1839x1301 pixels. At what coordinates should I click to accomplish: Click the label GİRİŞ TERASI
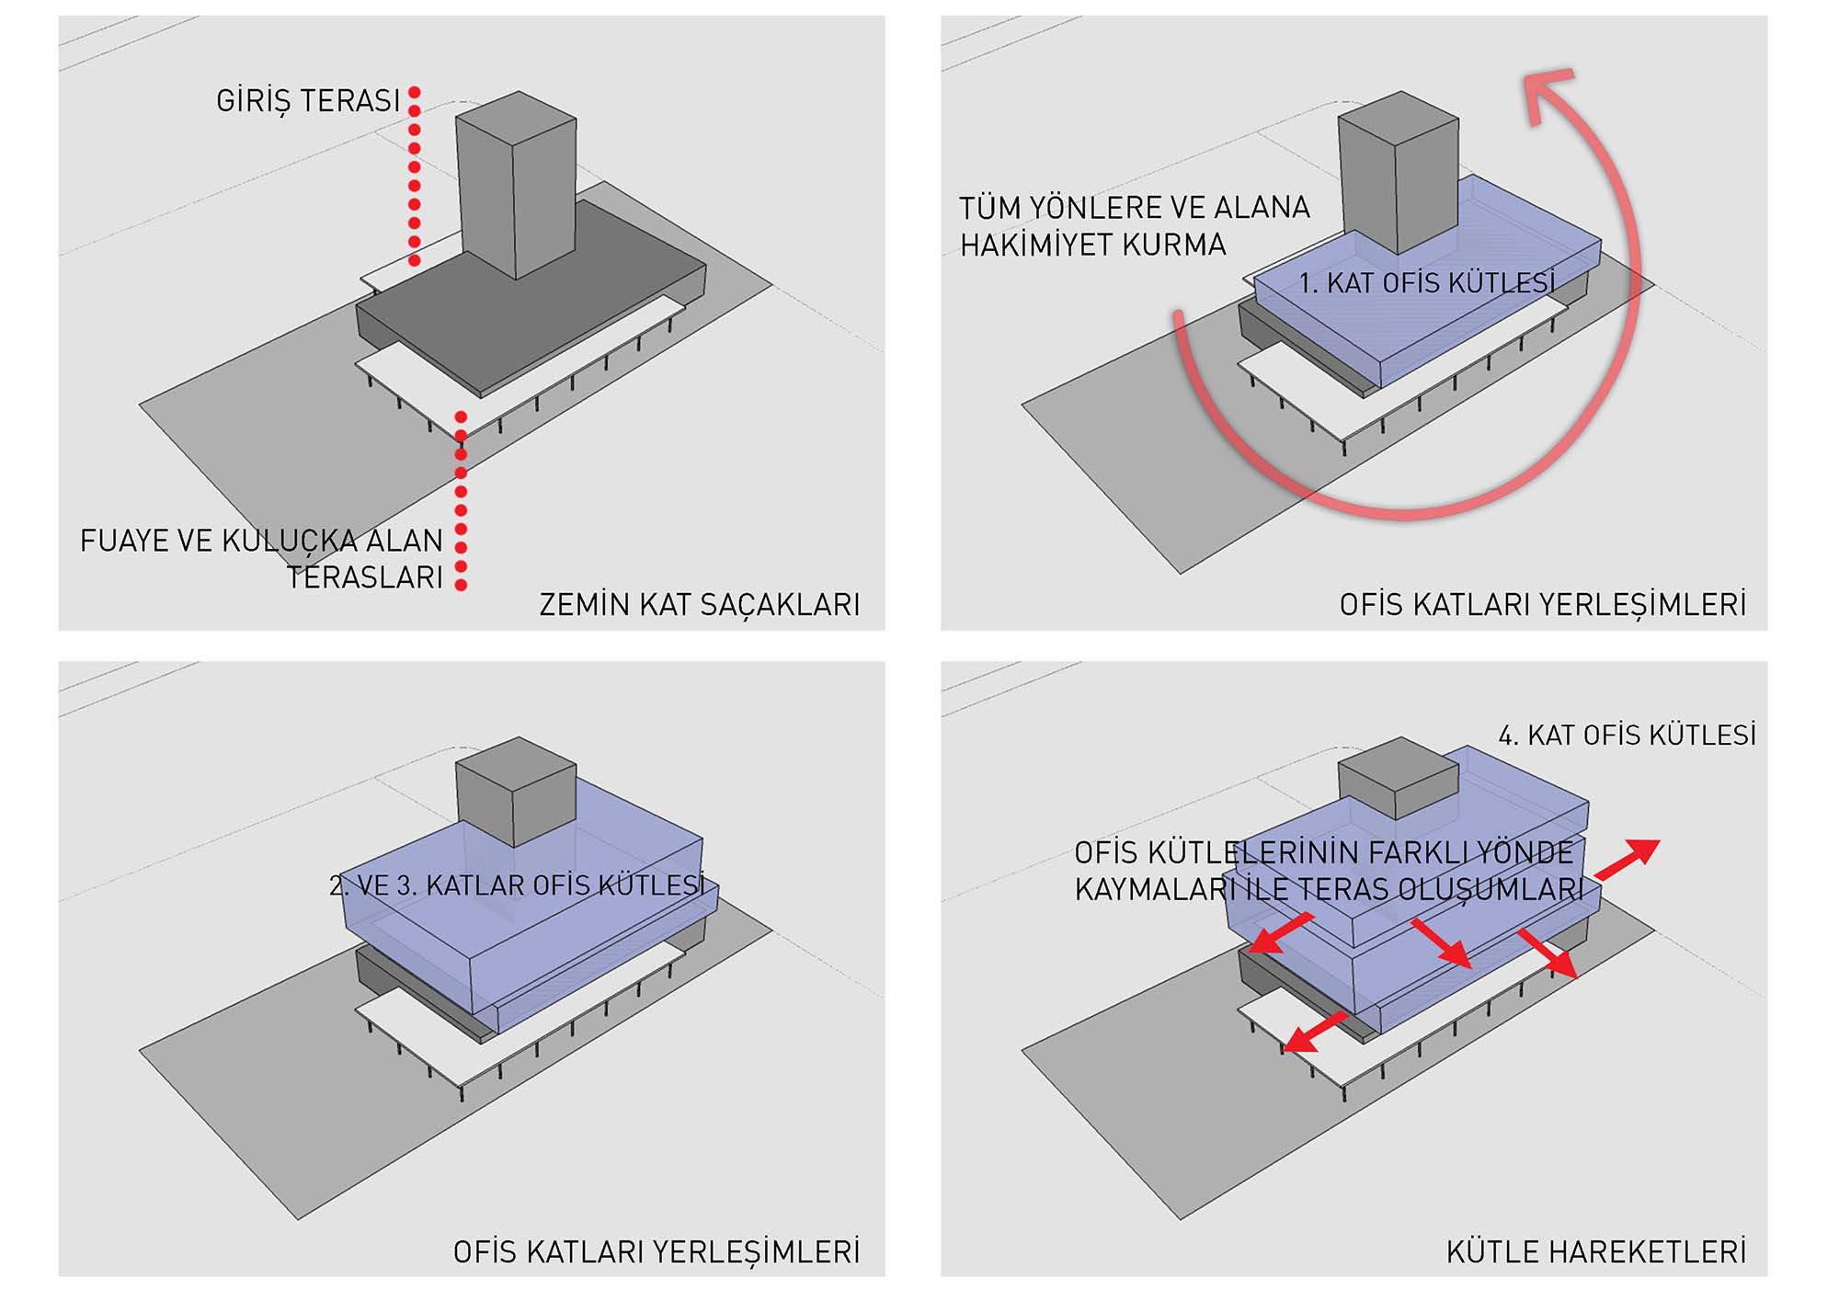click(x=308, y=100)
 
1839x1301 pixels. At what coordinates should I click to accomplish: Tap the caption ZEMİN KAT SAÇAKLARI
click(x=699, y=604)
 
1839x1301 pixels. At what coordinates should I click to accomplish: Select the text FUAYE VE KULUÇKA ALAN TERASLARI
click(x=262, y=558)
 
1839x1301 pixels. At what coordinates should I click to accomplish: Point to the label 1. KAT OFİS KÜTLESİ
click(x=1426, y=282)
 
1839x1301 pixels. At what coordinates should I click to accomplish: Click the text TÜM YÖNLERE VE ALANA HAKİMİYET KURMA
click(x=1134, y=226)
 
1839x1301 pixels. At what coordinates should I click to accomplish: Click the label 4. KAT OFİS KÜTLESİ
click(x=1627, y=735)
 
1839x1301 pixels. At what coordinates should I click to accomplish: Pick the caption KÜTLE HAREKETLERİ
click(x=1595, y=1251)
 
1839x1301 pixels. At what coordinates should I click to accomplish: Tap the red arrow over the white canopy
click(x=1315, y=1033)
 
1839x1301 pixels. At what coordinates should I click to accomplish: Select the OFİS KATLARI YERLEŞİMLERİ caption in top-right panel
click(x=1542, y=604)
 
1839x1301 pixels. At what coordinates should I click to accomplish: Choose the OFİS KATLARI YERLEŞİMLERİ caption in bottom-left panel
click(x=656, y=1251)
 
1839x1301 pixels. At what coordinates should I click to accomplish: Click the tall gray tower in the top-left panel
click(x=516, y=184)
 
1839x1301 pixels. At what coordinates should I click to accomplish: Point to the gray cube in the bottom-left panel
click(x=516, y=791)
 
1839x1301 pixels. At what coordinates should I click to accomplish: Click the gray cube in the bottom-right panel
click(x=1398, y=780)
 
